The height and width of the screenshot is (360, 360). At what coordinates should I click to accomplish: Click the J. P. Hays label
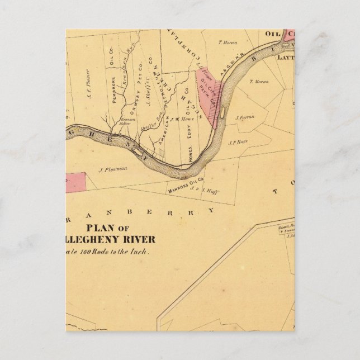tap(238, 143)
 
